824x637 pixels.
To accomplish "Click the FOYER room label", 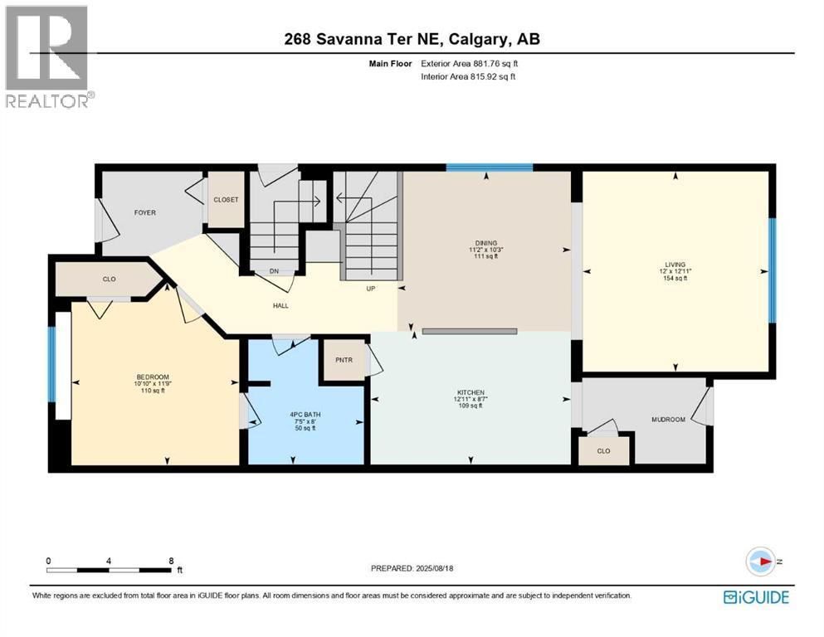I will [x=145, y=213].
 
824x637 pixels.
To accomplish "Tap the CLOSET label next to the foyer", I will [x=226, y=200].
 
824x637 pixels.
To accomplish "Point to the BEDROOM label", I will [x=153, y=376].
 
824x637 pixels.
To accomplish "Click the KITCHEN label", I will [x=470, y=392].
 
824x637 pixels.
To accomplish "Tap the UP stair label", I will [x=372, y=289].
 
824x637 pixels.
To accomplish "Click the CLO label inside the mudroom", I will [x=604, y=451].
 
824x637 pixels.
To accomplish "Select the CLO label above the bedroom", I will [x=109, y=280].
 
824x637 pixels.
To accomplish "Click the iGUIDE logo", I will [x=756, y=597].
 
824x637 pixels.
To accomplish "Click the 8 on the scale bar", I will [x=171, y=561].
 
